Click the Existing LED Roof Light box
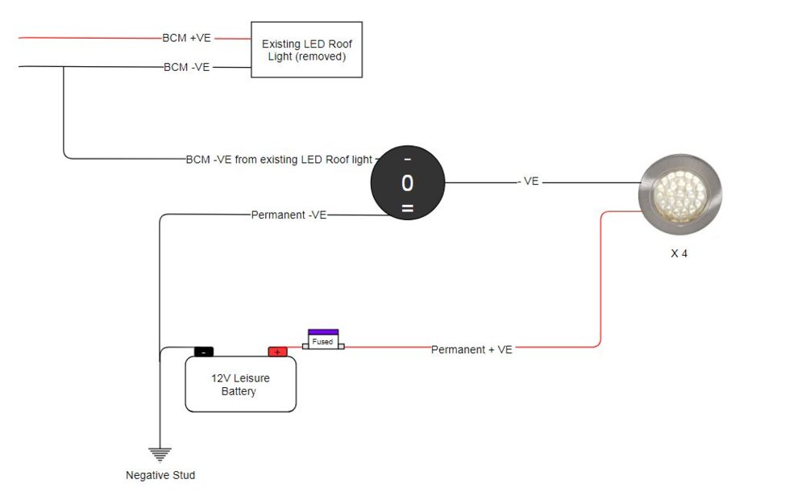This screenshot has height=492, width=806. tap(306, 50)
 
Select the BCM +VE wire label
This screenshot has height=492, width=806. tap(187, 38)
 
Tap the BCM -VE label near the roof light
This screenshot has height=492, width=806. tap(186, 67)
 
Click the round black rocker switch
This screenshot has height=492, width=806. tap(407, 183)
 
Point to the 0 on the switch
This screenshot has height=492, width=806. tap(407, 184)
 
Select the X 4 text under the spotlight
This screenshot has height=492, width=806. tap(679, 253)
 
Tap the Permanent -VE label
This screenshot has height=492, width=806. tap(289, 215)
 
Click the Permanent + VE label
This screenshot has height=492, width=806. tap(472, 349)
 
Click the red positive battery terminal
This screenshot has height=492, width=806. tap(277, 352)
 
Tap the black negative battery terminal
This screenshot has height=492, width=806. tap(204, 352)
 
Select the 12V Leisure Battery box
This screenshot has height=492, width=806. tap(240, 385)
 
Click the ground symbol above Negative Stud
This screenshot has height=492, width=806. tap(160, 453)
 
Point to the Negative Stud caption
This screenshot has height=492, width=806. tap(160, 475)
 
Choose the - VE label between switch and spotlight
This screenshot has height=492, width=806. tap(528, 182)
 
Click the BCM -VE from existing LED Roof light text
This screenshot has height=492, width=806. tap(279, 160)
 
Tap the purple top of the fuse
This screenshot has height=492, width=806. tap(323, 331)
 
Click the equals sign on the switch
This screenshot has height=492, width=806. tap(407, 210)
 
